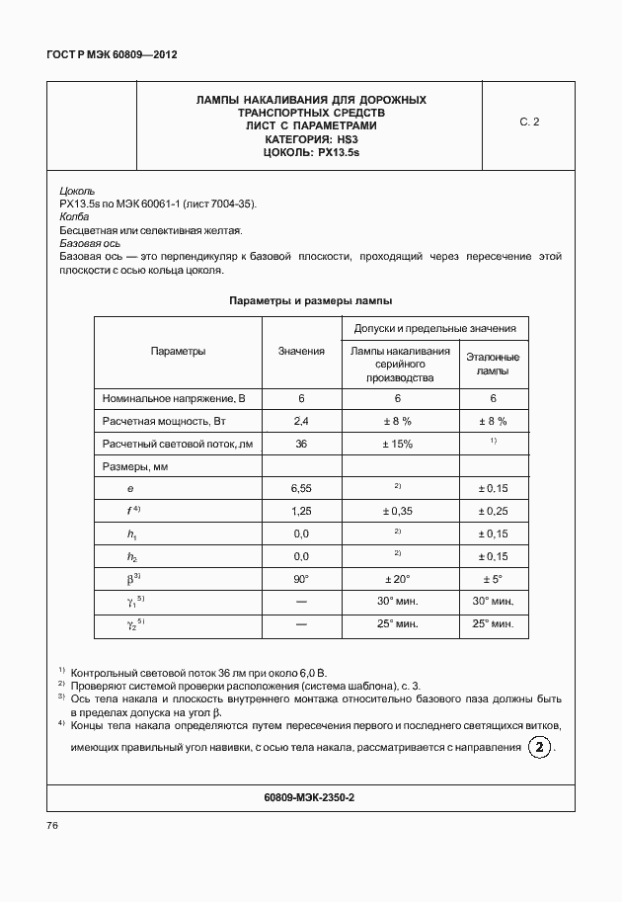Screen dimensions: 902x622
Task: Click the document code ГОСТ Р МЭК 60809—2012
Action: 112,55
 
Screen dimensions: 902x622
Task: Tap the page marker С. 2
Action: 529,123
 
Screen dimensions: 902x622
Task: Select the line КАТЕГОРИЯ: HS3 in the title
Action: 310,140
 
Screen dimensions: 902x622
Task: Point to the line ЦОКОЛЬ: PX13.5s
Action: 310,153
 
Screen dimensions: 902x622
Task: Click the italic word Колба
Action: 75,216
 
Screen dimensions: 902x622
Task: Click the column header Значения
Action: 301,351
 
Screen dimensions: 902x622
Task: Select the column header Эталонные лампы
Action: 493,364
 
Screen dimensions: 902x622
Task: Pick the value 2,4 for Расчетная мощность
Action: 301,421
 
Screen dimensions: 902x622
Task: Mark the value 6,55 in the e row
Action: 301,488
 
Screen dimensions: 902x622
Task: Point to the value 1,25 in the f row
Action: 301,511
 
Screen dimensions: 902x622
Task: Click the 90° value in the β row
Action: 301,579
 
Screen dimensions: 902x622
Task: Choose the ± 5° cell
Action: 493,579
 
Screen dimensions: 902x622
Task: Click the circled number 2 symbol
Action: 539,747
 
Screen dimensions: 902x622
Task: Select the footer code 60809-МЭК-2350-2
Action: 310,796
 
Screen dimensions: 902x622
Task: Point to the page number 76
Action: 53,825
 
